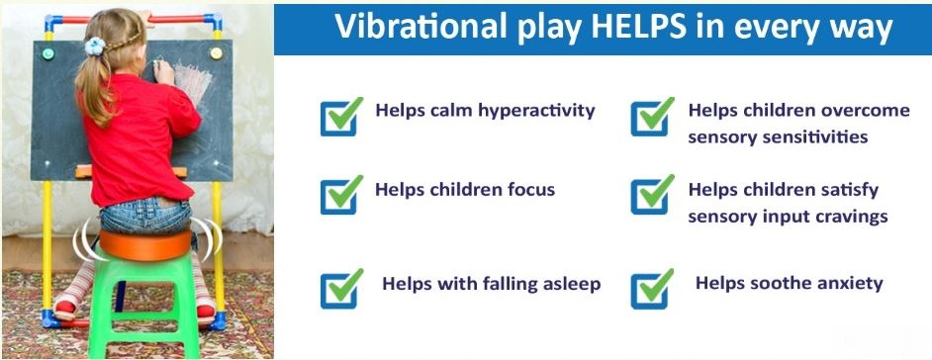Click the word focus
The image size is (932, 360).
click(x=527, y=190)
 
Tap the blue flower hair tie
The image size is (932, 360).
click(x=95, y=45)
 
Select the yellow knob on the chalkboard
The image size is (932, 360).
click(x=217, y=52)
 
